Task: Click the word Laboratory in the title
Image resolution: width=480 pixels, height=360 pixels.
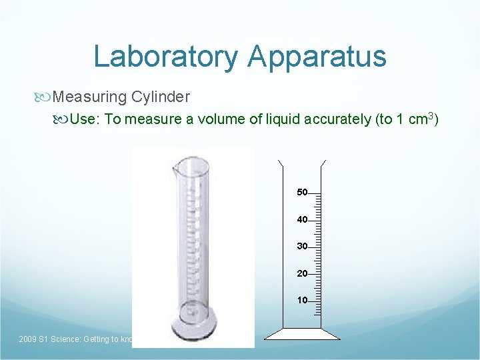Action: pos(165,56)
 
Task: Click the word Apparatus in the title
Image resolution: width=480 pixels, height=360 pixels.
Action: pos(317,56)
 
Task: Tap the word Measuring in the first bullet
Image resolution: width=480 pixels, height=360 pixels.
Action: pos(89,97)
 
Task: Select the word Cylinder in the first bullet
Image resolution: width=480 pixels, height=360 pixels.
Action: pos(161,97)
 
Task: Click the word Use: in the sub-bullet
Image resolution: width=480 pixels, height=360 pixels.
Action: pos(85,119)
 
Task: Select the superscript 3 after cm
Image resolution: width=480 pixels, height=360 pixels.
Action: pos(431,115)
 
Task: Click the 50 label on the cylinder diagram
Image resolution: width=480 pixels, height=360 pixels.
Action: pos(302,193)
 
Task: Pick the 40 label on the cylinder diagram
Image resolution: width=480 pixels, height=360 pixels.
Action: pos(302,219)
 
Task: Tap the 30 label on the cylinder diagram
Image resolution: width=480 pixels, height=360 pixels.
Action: pos(302,247)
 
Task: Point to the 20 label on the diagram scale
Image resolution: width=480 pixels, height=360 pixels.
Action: pos(302,273)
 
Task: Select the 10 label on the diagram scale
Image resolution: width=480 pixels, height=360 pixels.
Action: pos(302,300)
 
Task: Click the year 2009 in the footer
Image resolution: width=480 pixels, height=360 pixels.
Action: pos(28,339)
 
